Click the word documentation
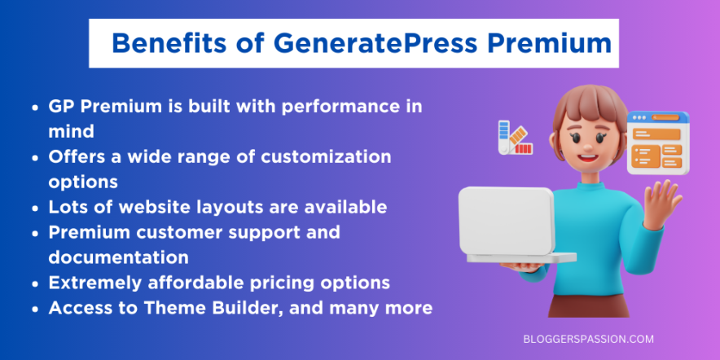click(x=119, y=257)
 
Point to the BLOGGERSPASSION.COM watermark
click(x=587, y=338)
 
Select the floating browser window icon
click(x=656, y=143)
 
